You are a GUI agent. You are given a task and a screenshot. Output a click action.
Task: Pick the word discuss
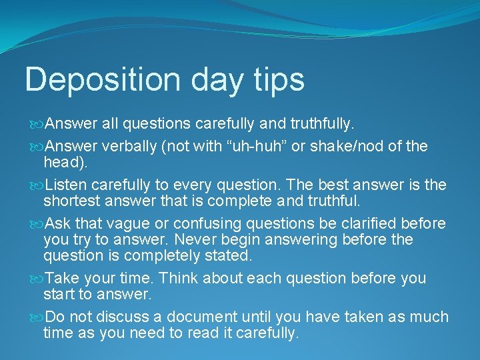pyautogui.click(x=123, y=317)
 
